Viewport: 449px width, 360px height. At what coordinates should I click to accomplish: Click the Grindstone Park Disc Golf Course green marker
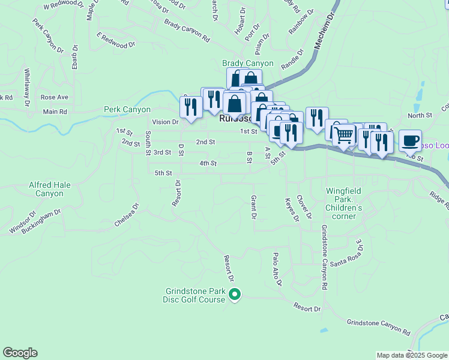pyautogui.click(x=235, y=295)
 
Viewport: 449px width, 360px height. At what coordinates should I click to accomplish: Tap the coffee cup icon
pyautogui.click(x=410, y=140)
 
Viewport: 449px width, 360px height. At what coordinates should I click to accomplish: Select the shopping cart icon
pyautogui.click(x=343, y=135)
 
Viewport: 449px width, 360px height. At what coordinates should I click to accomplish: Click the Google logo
pyautogui.click(x=20, y=353)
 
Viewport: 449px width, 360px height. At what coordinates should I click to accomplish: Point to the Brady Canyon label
pyautogui.click(x=247, y=63)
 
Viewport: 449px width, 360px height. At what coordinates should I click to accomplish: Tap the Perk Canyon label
pyautogui.click(x=127, y=110)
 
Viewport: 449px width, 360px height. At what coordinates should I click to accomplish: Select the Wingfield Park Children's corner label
pyautogui.click(x=344, y=203)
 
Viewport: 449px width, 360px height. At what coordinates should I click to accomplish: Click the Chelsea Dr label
pyautogui.click(x=127, y=215)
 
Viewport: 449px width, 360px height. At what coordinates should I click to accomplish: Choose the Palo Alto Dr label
pyautogui.click(x=277, y=269)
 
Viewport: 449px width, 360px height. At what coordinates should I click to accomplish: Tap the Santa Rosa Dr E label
pyautogui.click(x=347, y=253)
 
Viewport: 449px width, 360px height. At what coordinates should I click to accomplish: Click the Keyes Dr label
pyautogui.click(x=292, y=210)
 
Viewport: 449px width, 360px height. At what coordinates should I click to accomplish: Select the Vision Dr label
pyautogui.click(x=166, y=122)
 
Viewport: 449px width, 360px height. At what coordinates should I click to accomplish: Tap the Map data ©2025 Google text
pyautogui.click(x=411, y=355)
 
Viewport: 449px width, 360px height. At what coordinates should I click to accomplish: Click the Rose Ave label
pyautogui.click(x=55, y=97)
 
